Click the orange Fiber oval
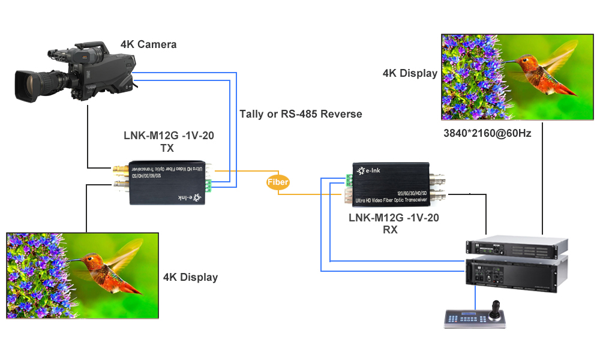(278, 182)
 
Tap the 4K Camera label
(148, 44)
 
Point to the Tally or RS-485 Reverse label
(301, 114)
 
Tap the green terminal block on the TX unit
(208, 186)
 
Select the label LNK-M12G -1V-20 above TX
(167, 136)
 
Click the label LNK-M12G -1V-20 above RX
(394, 218)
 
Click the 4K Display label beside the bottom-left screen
(190, 277)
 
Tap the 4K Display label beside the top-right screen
(410, 73)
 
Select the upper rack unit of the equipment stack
(517, 247)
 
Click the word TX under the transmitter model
(167, 148)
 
